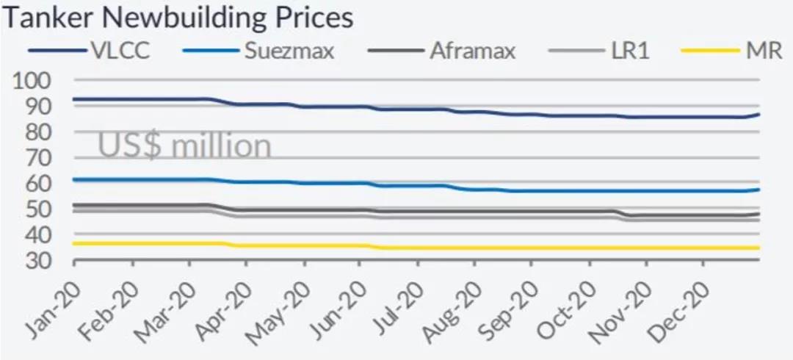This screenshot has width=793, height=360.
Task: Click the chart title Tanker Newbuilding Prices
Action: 178,18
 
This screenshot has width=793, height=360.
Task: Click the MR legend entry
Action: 764,51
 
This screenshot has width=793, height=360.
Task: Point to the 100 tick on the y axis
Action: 33,81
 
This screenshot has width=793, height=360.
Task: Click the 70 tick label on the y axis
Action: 37,158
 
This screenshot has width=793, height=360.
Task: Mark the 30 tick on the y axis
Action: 37,261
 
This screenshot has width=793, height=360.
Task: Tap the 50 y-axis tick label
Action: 37,209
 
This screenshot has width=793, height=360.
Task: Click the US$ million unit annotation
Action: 185,145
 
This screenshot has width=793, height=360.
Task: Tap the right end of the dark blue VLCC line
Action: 758,114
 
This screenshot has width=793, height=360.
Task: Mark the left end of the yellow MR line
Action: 75,243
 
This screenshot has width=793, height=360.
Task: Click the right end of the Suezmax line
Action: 758,190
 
